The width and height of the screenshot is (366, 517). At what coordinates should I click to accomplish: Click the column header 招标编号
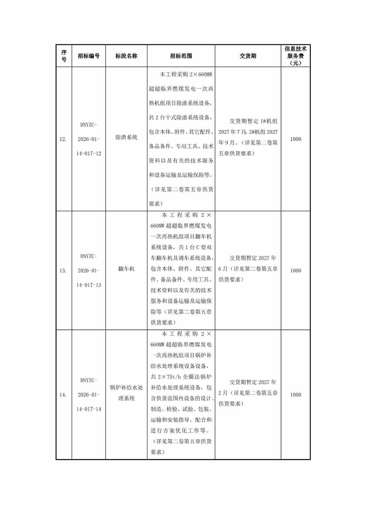89,56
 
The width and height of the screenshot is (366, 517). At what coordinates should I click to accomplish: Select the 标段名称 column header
126,56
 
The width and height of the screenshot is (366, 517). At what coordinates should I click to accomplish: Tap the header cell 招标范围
181,56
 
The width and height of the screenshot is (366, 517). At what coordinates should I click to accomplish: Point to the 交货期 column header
248,56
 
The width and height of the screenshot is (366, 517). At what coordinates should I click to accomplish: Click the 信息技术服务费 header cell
295,56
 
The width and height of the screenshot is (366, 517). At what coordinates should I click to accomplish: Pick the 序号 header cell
64,56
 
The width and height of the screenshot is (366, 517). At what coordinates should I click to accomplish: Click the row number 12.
63,139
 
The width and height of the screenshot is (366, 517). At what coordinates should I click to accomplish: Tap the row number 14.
63,395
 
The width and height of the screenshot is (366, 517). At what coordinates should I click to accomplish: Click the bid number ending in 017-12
89,139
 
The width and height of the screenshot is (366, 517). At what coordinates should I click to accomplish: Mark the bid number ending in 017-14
89,395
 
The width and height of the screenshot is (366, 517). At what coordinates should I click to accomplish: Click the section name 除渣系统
126,137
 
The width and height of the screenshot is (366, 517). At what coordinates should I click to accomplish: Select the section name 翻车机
126,269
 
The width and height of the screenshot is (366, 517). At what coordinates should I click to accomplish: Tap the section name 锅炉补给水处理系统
126,393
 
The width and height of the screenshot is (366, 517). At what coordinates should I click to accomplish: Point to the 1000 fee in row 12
295,139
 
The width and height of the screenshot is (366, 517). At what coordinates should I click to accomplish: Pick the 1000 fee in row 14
295,395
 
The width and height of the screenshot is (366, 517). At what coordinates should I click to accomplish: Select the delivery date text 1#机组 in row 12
269,121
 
